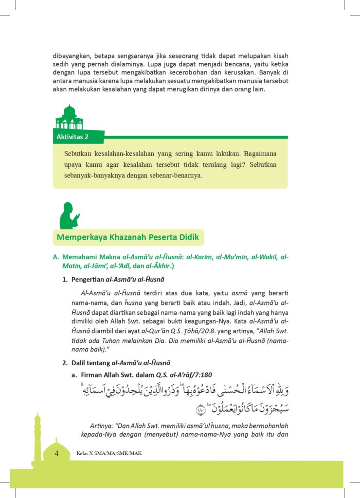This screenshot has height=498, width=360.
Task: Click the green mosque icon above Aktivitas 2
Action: point(69,118)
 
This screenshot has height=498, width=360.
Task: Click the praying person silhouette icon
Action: point(69,215)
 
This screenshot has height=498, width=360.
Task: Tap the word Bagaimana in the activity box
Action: point(261,153)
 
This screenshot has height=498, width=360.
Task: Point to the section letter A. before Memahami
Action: point(55,257)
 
